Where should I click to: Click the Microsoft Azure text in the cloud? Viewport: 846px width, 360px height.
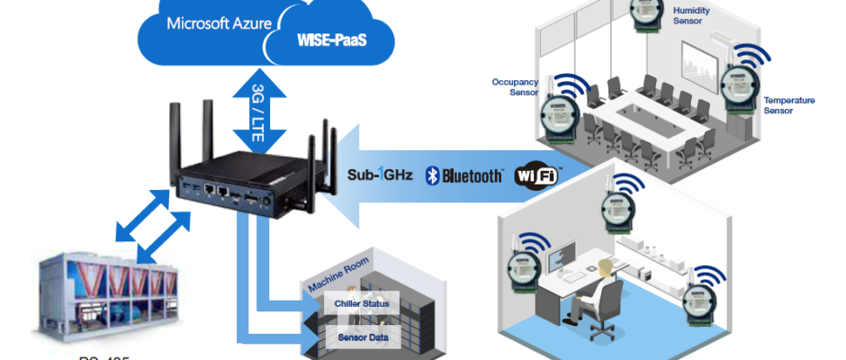coord(219,22)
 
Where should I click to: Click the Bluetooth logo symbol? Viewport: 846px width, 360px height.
coord(434,174)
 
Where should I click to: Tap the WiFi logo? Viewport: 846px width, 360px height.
coord(535,174)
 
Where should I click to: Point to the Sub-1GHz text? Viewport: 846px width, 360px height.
coord(380,174)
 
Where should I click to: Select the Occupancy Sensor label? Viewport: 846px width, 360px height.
coord(514,85)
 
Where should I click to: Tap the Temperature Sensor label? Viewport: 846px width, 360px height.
coord(788,105)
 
